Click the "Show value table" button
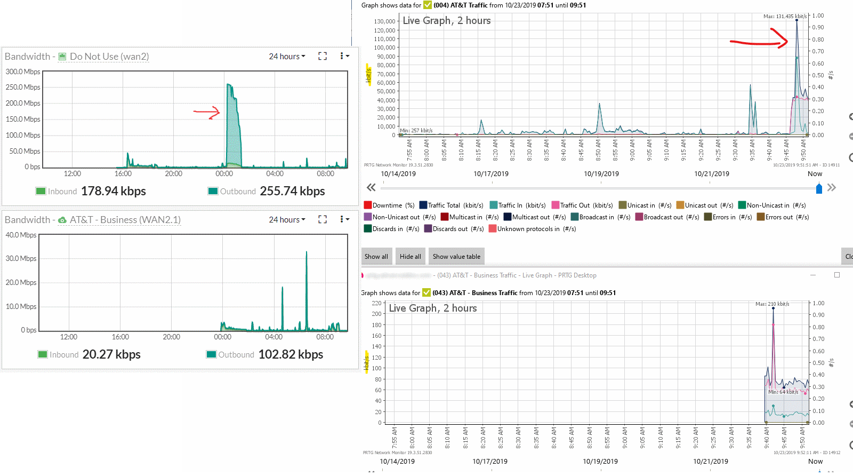[x=456, y=256]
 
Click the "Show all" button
[x=376, y=256]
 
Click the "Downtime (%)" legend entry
[x=389, y=205]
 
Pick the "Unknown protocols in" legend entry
[x=532, y=229]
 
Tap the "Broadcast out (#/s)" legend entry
[x=667, y=217]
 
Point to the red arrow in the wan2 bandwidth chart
[x=207, y=112]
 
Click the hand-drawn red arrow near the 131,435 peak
[x=759, y=41]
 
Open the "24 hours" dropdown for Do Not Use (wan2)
[x=287, y=57]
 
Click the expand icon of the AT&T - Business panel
[x=323, y=219]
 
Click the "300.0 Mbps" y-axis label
[x=23, y=72]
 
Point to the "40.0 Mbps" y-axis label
[x=21, y=235]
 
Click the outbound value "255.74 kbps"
[x=292, y=191]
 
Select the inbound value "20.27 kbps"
[x=111, y=354]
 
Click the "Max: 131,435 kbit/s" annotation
[x=785, y=17]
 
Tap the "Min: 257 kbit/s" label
[x=416, y=131]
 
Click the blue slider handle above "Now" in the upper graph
[x=819, y=188]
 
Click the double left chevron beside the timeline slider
[x=371, y=187]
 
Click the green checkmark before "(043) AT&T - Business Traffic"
[x=426, y=292]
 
